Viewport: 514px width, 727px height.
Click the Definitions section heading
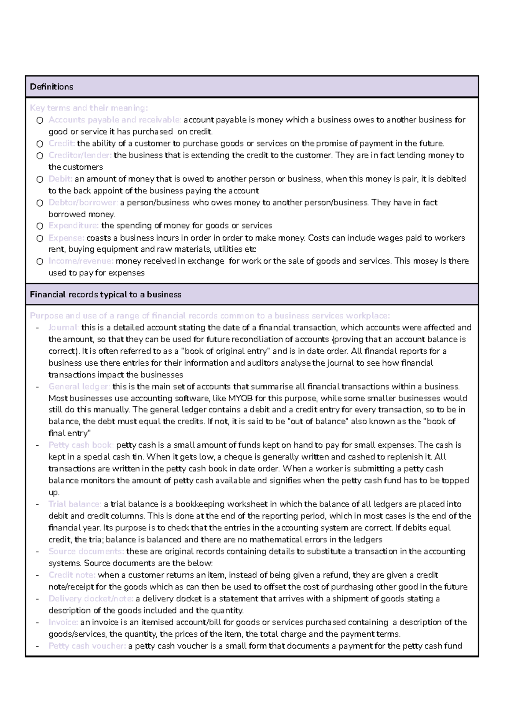(51, 87)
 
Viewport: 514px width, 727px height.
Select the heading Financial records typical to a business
(105, 295)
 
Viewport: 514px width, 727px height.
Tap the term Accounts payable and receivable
(115, 120)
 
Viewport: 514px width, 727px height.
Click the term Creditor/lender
(80, 155)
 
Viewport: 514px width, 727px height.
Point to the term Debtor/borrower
(83, 203)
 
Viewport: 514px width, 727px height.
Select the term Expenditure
(74, 226)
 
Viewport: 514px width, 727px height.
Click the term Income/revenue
(81, 261)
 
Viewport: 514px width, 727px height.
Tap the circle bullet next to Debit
(40, 179)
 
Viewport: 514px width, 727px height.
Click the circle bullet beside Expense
(40, 238)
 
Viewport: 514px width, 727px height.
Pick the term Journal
(63, 328)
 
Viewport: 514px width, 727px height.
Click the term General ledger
(79, 387)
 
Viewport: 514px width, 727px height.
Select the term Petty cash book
(81, 445)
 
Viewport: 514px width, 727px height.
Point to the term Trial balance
(75, 504)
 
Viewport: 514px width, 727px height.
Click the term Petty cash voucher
(87, 646)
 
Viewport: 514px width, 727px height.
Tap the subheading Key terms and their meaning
(89, 108)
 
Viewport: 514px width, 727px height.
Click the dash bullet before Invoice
(38, 623)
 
